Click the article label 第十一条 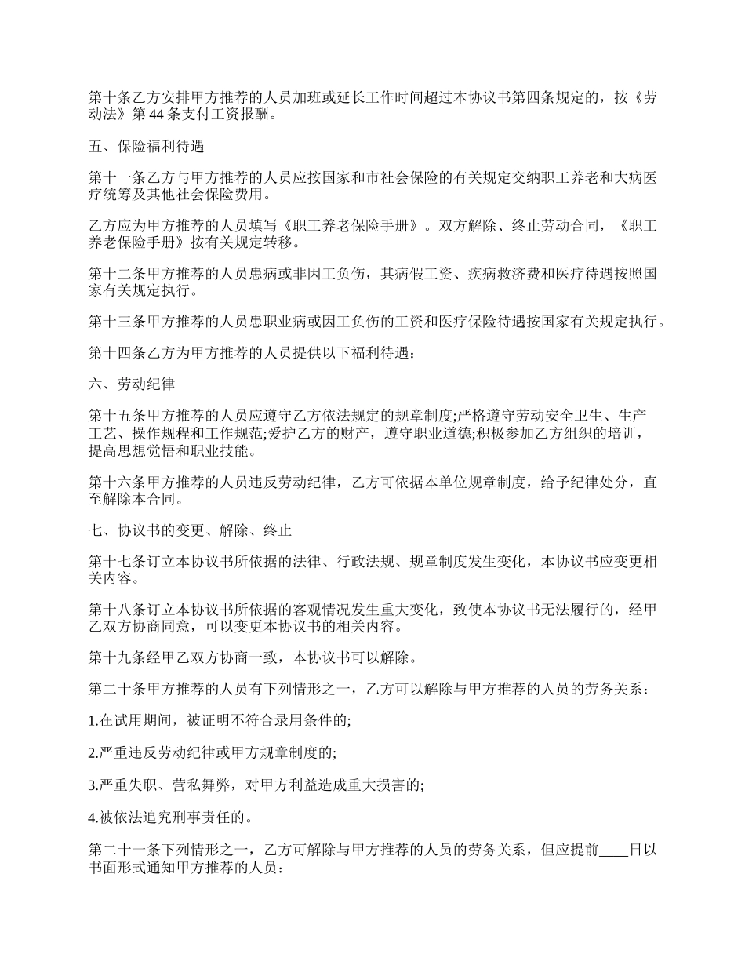118,178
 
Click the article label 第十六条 118,482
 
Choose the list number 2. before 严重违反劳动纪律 93,752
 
